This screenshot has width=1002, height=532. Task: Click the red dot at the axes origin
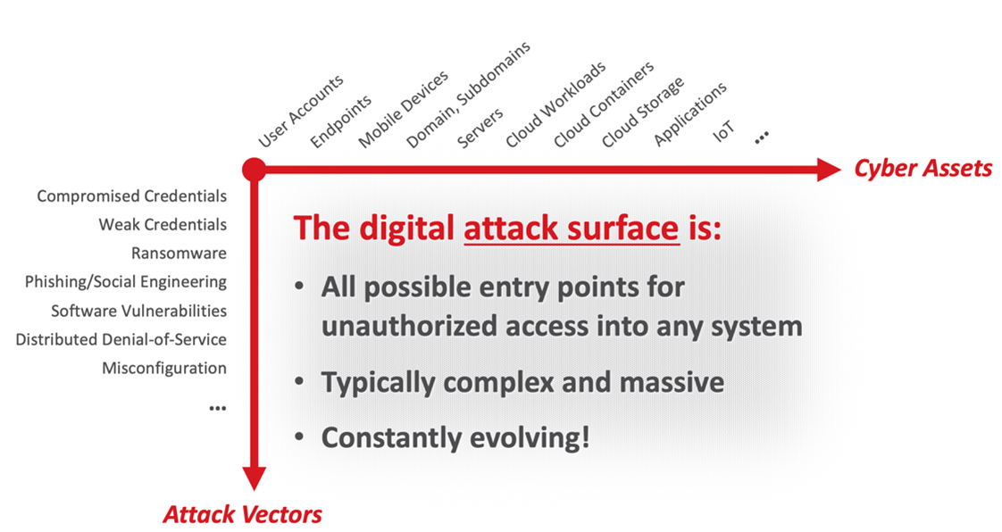tap(254, 170)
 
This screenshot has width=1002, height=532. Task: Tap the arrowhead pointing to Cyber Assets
tap(830, 170)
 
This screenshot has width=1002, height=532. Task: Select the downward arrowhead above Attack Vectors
tap(254, 478)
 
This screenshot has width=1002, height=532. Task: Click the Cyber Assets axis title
tap(923, 169)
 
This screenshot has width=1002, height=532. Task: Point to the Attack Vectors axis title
tap(242, 514)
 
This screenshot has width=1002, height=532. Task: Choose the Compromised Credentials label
tap(131, 196)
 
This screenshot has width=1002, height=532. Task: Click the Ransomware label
tap(179, 254)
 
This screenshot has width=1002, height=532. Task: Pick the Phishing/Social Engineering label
tap(126, 282)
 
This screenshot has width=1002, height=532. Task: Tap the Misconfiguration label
tap(164, 369)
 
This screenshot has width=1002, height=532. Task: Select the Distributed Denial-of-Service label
tap(121, 339)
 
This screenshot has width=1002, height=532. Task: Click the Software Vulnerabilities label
tap(139, 311)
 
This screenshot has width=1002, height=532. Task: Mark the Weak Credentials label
tap(163, 225)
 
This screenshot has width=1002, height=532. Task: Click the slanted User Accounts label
tap(301, 112)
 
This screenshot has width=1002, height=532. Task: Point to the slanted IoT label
tap(724, 132)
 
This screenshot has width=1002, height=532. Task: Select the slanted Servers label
tap(480, 129)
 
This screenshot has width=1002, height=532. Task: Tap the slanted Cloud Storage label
tap(643, 112)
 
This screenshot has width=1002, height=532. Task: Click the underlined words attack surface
tap(572, 228)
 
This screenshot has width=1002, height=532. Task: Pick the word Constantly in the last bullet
tap(392, 438)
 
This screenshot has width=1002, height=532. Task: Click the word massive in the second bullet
tap(672, 383)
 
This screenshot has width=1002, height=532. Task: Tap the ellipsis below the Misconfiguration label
tap(218, 408)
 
